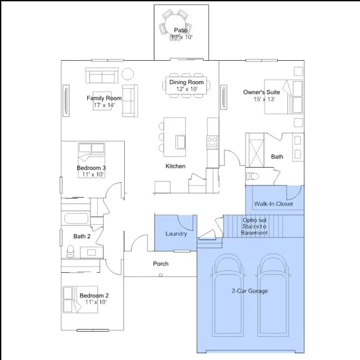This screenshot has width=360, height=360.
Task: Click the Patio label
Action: tap(181, 30)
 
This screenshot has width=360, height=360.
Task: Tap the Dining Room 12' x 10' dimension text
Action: tap(187, 89)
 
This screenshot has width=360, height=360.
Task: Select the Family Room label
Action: tap(104, 98)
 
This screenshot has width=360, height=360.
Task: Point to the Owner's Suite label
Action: tap(262, 92)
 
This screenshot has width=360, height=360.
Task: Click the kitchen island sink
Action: tap(181, 142)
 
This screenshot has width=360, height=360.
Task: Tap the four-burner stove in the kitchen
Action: tap(213, 142)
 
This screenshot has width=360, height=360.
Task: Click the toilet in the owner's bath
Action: tap(253, 176)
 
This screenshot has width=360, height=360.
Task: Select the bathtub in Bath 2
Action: tap(76, 219)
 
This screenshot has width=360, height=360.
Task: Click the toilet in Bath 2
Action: tap(70, 251)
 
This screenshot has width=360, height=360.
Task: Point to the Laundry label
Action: tap(176, 234)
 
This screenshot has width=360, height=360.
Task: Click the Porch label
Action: tap(161, 264)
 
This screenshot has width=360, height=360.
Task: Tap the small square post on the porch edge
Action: tap(161, 275)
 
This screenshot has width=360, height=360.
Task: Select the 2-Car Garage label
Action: tap(250, 291)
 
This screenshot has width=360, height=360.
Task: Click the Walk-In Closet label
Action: tap(273, 204)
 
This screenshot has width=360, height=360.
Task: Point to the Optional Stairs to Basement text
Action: tap(254, 226)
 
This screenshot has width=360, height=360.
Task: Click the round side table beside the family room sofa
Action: tap(128, 74)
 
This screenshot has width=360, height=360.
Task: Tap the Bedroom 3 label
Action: tap(91, 168)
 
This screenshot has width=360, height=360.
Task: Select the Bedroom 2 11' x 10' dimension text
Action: tap(96, 302)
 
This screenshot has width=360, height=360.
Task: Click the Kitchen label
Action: tap(175, 166)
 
